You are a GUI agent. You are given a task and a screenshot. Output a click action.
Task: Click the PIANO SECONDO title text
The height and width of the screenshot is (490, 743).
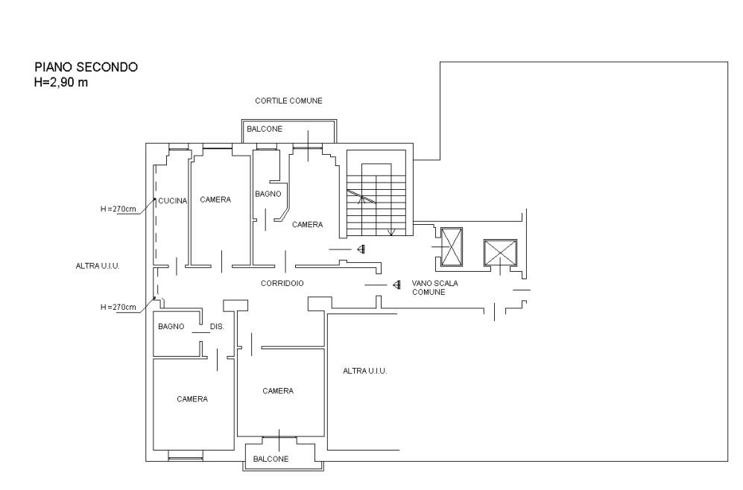[86, 67]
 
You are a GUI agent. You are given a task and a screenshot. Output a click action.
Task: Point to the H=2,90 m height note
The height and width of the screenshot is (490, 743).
[60, 83]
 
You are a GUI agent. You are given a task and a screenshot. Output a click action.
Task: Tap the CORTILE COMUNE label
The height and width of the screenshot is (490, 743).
[288, 101]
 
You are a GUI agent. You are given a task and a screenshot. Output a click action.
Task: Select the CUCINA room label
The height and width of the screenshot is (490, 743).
[172, 201]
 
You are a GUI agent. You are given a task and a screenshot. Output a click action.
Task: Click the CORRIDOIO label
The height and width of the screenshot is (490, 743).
[282, 283]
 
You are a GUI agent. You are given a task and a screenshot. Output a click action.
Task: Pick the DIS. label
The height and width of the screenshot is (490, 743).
[217, 327]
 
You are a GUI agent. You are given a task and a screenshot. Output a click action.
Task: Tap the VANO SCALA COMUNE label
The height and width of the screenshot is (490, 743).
[435, 288]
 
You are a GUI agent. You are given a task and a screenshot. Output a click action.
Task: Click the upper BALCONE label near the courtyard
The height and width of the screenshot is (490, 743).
[265, 129]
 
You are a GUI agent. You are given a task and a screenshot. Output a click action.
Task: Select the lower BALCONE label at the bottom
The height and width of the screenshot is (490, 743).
[271, 459]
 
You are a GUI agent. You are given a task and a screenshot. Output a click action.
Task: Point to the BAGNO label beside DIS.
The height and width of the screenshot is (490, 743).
[171, 327]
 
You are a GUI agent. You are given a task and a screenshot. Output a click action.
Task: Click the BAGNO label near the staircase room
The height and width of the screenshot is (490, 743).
[268, 194]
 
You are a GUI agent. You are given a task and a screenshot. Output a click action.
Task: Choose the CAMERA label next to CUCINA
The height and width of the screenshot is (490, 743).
[215, 200]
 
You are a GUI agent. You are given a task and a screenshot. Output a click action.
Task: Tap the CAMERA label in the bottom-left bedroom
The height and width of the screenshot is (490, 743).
[192, 399]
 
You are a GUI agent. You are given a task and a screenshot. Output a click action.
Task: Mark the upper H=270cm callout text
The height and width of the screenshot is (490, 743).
[118, 209]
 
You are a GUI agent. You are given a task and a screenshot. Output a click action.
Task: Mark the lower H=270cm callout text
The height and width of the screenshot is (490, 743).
[118, 307]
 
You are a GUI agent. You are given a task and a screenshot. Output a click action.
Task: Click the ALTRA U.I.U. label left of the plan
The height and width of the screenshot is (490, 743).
[98, 266]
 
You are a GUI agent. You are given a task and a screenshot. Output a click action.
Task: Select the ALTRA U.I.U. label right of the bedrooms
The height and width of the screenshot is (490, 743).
[365, 371]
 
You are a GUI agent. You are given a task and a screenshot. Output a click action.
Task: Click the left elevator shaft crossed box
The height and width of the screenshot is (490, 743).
[452, 247]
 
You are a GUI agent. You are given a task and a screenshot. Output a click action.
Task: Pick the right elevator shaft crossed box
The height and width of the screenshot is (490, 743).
[500, 253]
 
